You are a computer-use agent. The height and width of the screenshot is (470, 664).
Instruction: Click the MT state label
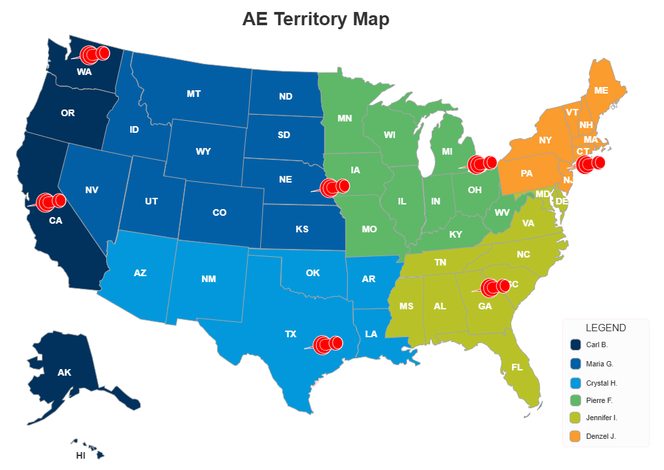[x=194, y=94]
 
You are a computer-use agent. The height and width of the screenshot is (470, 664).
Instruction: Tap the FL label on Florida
[x=517, y=367]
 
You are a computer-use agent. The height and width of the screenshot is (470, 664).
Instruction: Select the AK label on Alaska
[x=64, y=372]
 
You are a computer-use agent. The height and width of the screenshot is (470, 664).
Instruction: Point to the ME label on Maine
[x=602, y=90]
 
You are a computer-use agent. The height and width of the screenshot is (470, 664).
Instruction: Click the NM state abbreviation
[x=208, y=279]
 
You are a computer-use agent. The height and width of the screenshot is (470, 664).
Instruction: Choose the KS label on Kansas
[x=302, y=229]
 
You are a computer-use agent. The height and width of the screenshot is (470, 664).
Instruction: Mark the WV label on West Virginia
[x=502, y=213]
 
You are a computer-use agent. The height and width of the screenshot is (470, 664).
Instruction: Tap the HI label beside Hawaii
[x=81, y=456]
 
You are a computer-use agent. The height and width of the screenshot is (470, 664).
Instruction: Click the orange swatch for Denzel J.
[x=576, y=436]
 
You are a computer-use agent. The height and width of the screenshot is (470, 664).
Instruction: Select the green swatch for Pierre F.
[x=576, y=400]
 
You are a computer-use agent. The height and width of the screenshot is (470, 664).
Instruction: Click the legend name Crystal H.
[x=602, y=383]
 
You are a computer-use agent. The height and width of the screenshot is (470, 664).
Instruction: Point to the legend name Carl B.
[x=597, y=345]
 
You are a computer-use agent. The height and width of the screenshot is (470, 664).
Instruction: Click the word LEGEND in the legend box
[x=606, y=328]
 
